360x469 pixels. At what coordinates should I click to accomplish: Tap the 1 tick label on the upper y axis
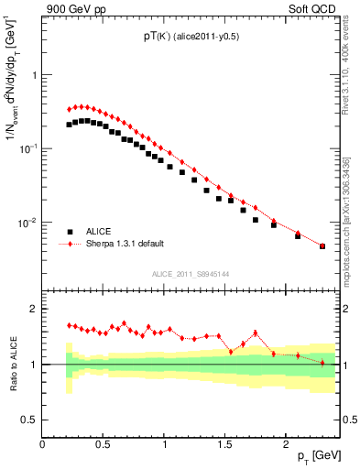coord(34,75)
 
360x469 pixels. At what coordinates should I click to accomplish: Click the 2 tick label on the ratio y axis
coord(34,309)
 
